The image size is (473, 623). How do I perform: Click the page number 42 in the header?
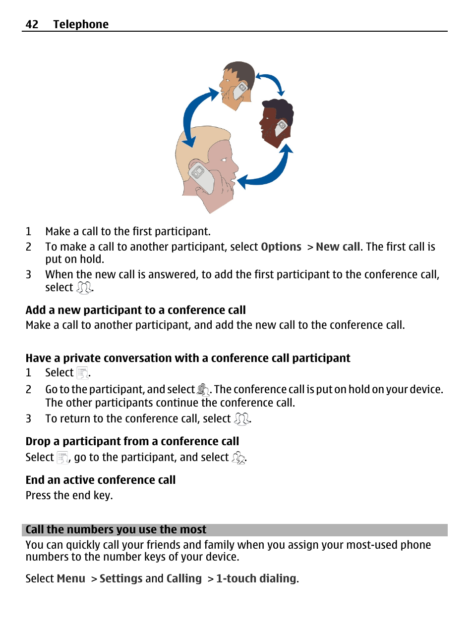tap(32, 24)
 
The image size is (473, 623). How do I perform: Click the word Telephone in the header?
tap(81, 24)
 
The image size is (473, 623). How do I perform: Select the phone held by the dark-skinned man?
tap(281, 128)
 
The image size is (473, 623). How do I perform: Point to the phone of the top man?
tap(240, 90)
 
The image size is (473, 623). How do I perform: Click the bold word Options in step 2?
tap(281, 247)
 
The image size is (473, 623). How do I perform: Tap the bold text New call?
tap(338, 247)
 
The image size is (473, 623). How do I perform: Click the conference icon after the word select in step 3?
tap(84, 288)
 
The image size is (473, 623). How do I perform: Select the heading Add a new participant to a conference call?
tap(135, 310)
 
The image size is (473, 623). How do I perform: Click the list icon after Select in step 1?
tap(83, 373)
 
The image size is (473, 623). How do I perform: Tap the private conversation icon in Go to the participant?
tap(203, 390)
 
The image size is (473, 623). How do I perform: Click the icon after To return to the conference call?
tap(242, 419)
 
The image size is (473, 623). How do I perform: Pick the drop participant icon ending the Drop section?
tap(238, 458)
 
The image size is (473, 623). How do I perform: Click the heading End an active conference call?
tap(101, 480)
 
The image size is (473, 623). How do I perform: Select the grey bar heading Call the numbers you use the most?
tap(235, 529)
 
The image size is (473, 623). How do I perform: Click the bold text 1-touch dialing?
tap(256, 578)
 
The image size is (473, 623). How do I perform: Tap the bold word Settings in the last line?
tap(121, 578)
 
